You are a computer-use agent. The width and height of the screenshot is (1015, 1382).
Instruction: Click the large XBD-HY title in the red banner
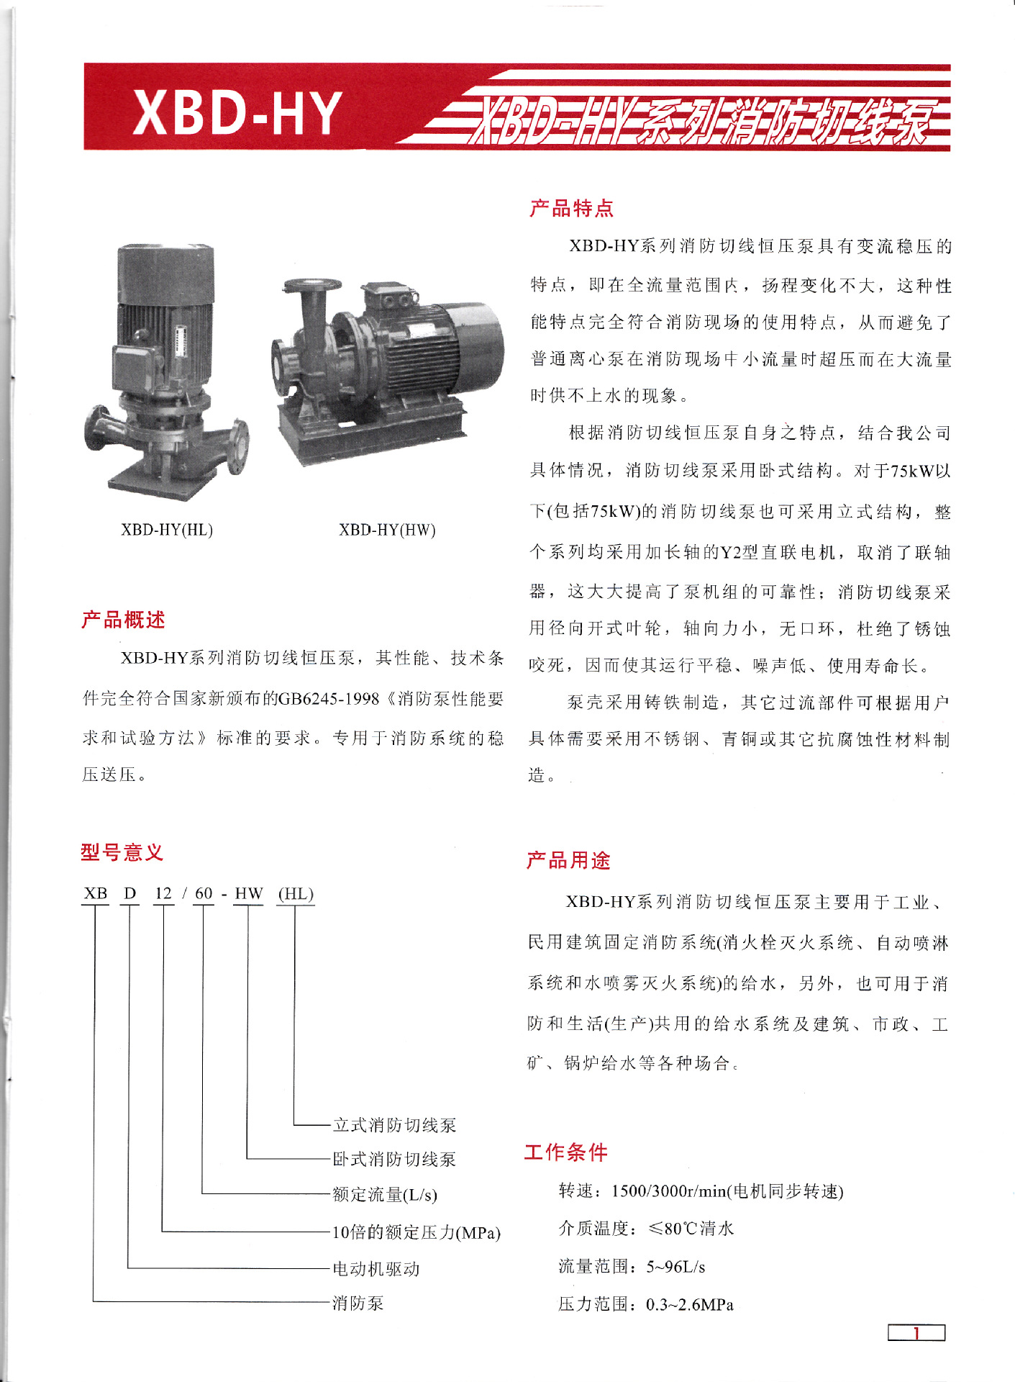(x=237, y=112)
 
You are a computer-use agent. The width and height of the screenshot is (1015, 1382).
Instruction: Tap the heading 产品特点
(x=571, y=209)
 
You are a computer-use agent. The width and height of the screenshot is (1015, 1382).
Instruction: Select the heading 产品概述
(x=123, y=620)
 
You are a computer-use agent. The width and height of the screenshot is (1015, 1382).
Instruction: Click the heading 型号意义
(x=122, y=852)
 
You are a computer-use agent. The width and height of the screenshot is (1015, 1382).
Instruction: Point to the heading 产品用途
(x=568, y=860)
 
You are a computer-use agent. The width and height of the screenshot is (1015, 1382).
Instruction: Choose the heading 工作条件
(x=565, y=1152)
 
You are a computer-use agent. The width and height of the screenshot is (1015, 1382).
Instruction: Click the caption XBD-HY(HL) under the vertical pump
(x=167, y=530)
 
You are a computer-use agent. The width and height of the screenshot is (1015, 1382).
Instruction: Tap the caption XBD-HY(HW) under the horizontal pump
(x=387, y=530)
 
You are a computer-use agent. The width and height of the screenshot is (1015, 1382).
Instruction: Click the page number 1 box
(x=916, y=1333)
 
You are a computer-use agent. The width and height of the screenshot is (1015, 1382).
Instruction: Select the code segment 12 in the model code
(x=163, y=893)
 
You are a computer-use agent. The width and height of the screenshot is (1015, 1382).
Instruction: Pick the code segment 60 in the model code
(x=204, y=893)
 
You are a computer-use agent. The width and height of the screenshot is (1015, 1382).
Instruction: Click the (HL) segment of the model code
(x=296, y=893)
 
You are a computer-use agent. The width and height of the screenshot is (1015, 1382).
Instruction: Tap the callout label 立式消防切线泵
(x=394, y=1125)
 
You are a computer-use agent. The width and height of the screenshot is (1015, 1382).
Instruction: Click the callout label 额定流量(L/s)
(x=384, y=1195)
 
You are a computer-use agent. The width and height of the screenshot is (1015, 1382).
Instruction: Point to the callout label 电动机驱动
(x=375, y=1269)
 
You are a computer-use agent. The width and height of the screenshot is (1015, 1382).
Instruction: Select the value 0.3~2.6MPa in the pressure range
(x=689, y=1305)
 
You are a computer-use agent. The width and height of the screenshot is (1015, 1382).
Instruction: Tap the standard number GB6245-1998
(x=328, y=699)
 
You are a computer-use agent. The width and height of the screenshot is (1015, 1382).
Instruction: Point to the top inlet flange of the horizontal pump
(x=311, y=285)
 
